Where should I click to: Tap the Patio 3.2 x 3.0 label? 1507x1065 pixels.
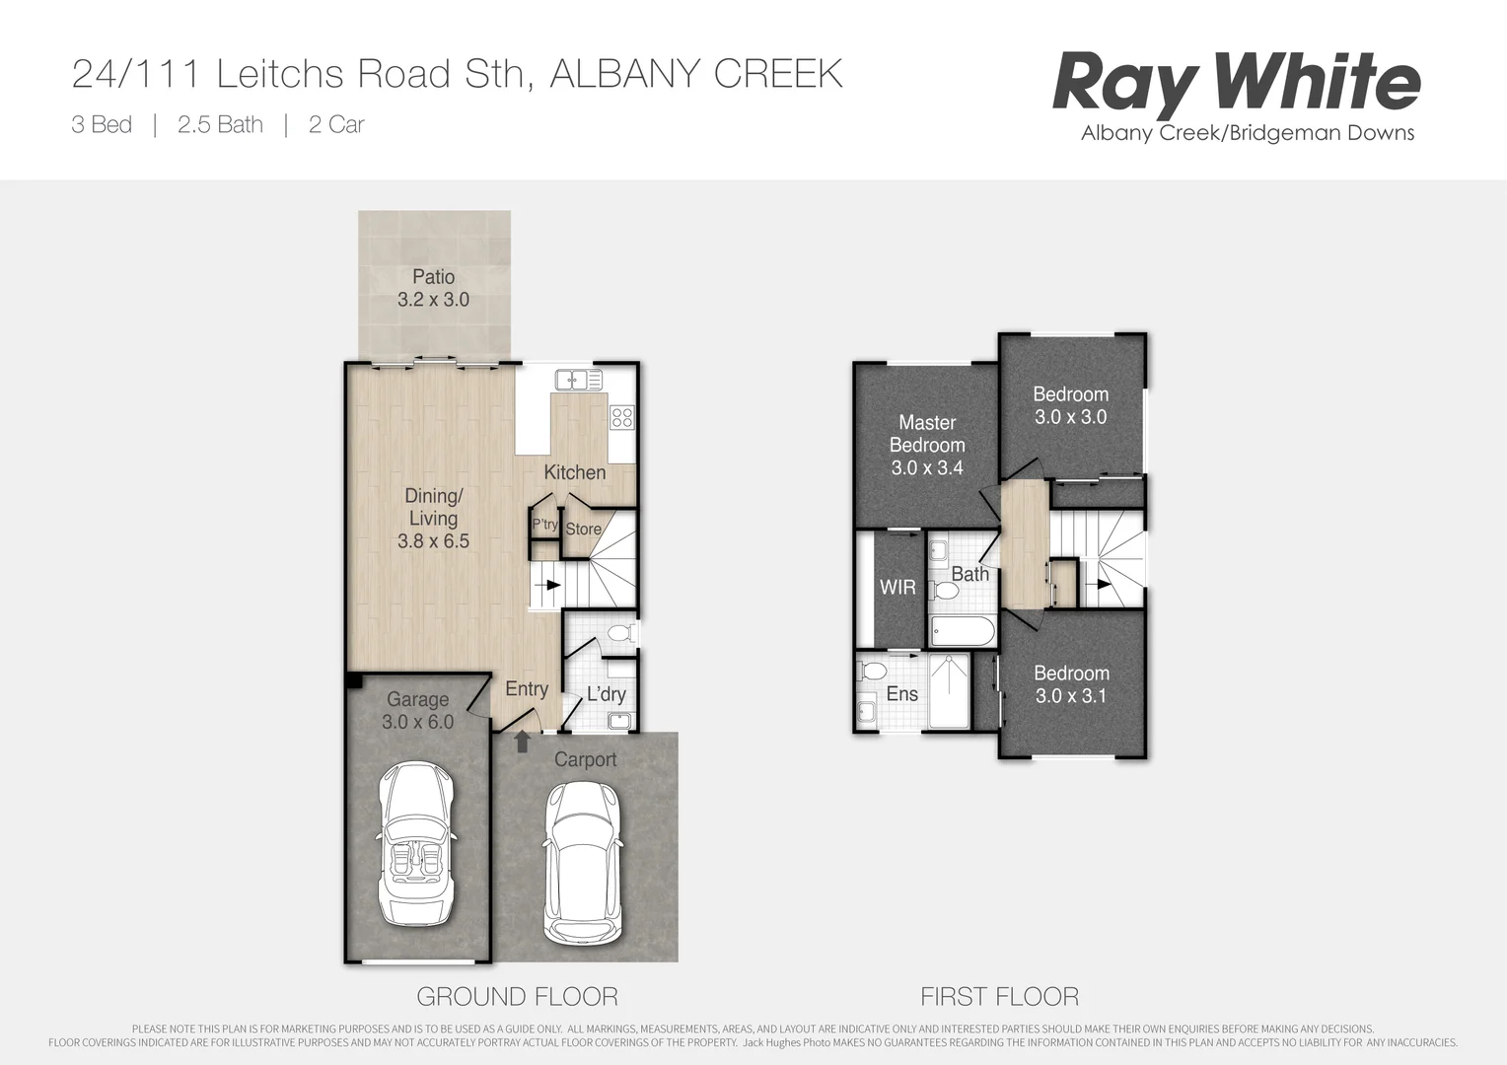(x=433, y=288)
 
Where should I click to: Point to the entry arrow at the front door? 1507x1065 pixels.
(x=523, y=742)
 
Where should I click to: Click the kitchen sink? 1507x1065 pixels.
(x=578, y=379)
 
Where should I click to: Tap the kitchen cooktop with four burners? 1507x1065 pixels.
(x=621, y=417)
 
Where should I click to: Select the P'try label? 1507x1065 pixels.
(x=545, y=525)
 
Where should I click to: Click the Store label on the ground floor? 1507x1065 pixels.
(x=583, y=530)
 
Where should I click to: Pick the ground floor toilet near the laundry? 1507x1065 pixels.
(x=621, y=633)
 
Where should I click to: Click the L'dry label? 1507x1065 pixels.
(x=606, y=694)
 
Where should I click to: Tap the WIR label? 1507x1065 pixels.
(x=897, y=588)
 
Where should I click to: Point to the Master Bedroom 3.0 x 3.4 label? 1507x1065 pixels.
(x=927, y=445)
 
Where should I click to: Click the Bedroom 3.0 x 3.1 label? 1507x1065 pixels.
(x=1071, y=684)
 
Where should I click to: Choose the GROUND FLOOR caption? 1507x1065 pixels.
(x=517, y=997)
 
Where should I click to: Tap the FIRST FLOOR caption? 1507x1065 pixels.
(x=999, y=997)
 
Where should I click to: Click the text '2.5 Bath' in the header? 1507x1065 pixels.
(x=220, y=125)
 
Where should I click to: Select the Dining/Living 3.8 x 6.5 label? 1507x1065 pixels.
(x=433, y=519)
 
